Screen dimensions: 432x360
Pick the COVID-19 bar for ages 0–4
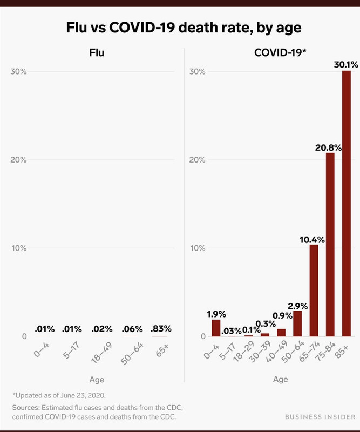[x=216, y=328]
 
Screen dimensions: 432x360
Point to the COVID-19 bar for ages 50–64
[x=297, y=323]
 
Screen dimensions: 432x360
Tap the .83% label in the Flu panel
[x=161, y=328]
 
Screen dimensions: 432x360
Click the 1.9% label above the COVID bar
[x=216, y=314]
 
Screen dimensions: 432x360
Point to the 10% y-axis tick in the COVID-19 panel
[x=197, y=248]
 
